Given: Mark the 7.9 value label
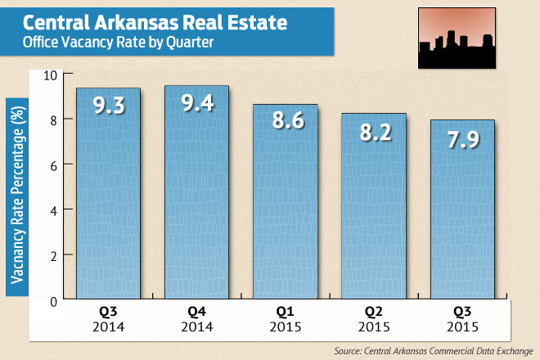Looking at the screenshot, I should click(x=462, y=140).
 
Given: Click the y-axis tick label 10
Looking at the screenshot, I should click(x=52, y=74).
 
